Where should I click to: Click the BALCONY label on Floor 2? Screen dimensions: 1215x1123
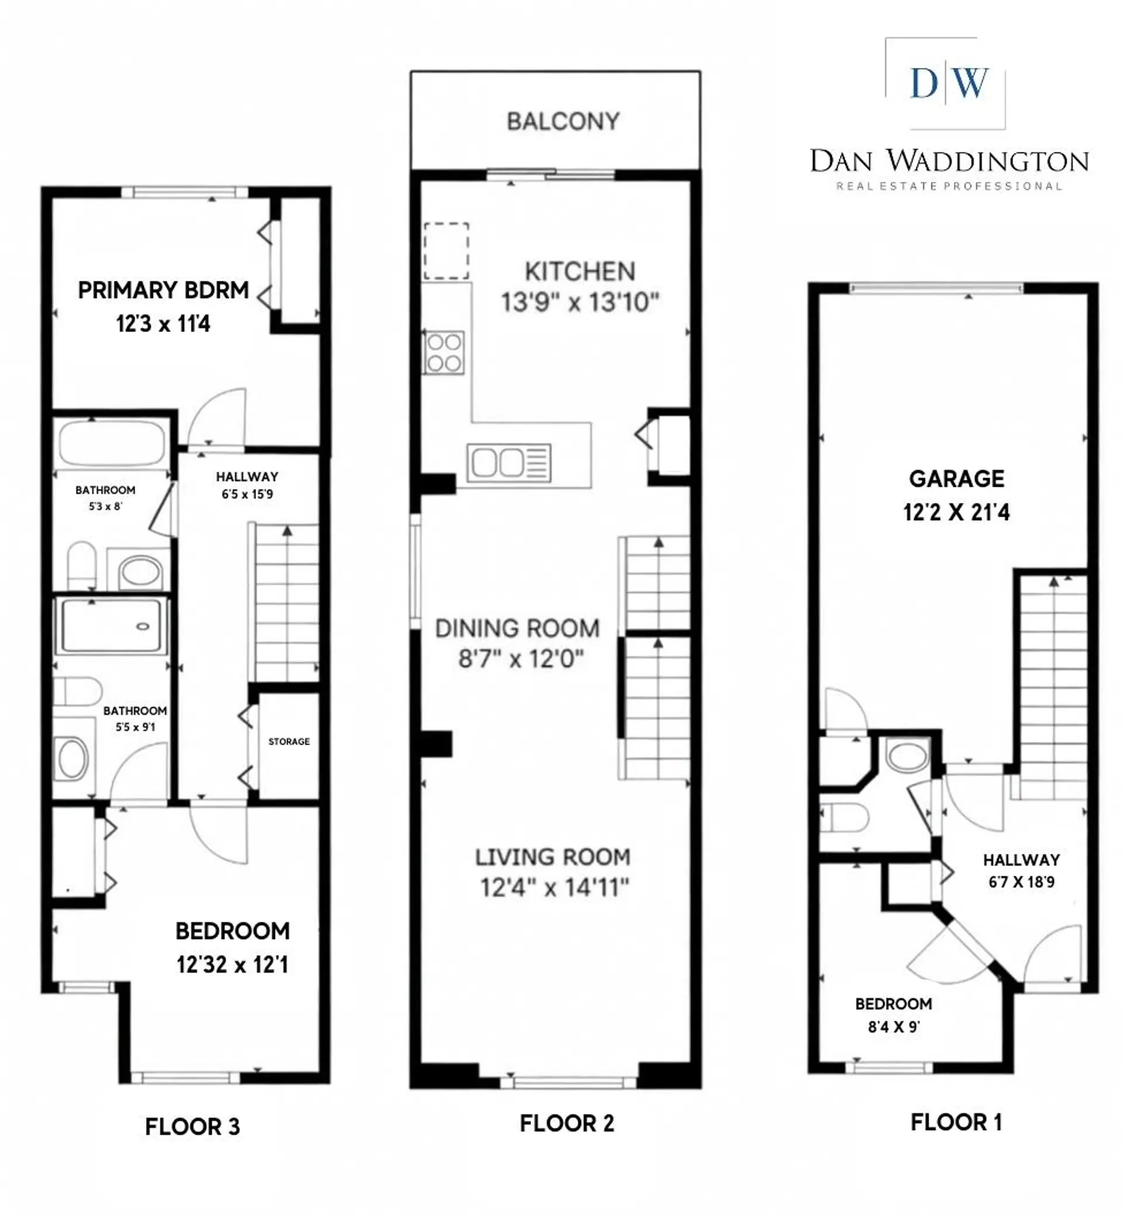[x=563, y=122]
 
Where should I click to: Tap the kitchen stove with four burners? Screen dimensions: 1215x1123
[x=444, y=353]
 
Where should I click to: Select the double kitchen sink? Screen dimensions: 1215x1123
[x=509, y=463]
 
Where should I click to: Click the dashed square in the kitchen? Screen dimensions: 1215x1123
[x=446, y=251]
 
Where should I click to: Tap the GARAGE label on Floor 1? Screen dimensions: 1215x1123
[x=956, y=479]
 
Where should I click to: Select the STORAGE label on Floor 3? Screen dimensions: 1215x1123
[x=290, y=742]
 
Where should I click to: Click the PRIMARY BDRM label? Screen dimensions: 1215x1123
[x=163, y=291]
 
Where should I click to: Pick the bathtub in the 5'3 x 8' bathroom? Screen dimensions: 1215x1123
[x=112, y=443]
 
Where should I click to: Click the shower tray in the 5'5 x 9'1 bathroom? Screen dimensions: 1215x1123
[x=112, y=626]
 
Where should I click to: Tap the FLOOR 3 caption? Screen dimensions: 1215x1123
[x=192, y=1127]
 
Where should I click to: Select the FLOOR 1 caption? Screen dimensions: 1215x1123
[x=956, y=1122]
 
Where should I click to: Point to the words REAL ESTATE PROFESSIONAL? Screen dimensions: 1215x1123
[x=949, y=186]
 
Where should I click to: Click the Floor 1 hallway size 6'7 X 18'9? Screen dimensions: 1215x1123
[x=1021, y=882]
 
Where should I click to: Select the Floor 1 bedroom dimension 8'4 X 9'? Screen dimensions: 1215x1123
[x=893, y=1027]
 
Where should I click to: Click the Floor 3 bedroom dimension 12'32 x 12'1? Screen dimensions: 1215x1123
[x=232, y=965]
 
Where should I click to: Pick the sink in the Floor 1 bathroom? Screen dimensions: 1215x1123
[x=907, y=756]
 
